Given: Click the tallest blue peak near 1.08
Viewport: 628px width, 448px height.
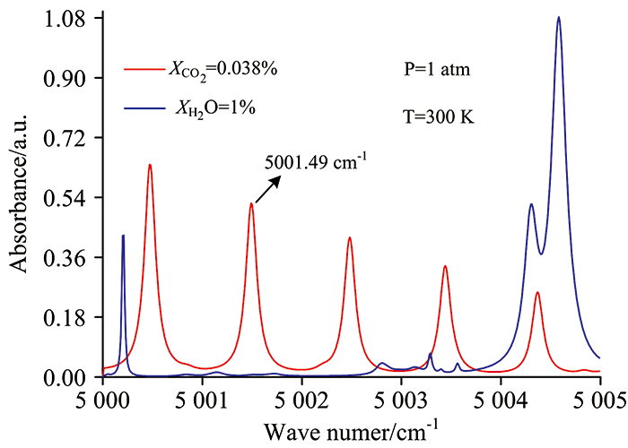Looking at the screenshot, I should (x=558, y=18).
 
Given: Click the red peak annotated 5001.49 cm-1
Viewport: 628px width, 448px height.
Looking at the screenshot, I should (x=251, y=204).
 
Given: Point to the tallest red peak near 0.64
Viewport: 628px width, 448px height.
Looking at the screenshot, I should (x=150, y=165).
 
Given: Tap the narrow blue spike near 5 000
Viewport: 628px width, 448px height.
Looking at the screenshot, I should (x=123, y=236).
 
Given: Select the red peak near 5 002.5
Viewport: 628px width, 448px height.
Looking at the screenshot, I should (x=349, y=238).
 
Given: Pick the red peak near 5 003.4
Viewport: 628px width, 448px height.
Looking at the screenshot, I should (x=444, y=266).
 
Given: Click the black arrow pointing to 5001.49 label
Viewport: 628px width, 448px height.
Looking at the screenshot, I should (x=268, y=188).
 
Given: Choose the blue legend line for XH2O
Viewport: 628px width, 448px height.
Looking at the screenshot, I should (x=145, y=108).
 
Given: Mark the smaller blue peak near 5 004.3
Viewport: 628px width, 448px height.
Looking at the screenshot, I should (x=531, y=204).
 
